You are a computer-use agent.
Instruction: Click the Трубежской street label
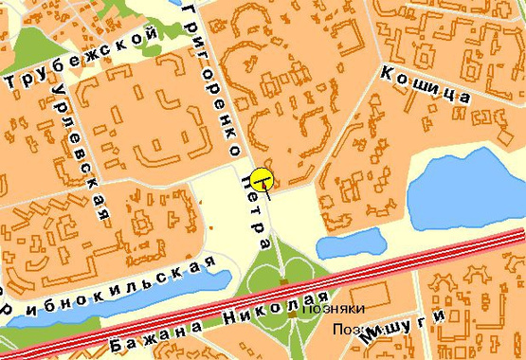(x=81, y=58)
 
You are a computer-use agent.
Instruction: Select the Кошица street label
(x=425, y=83)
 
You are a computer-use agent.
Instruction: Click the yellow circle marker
(x=262, y=178)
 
